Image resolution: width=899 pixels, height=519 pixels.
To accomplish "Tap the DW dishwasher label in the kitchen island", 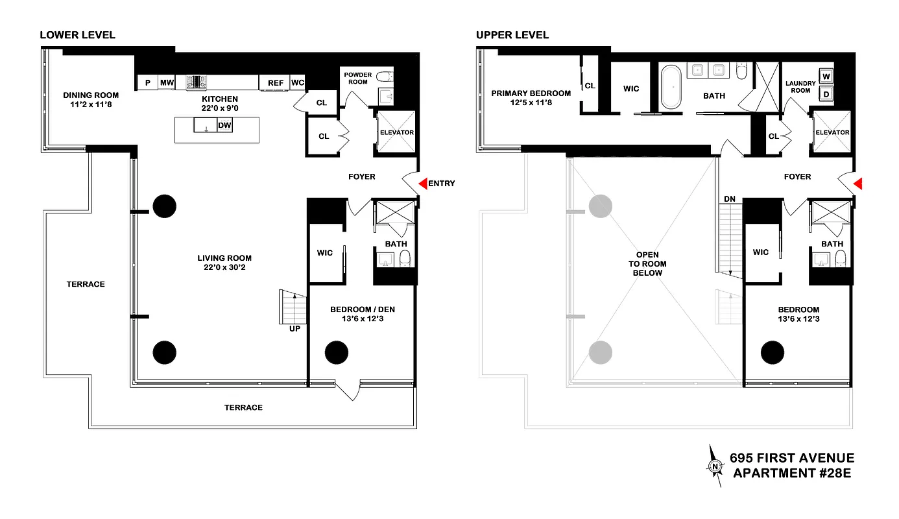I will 224,126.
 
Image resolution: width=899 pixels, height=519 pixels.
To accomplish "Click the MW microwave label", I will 167,83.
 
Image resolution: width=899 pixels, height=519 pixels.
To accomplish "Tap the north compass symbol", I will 715,466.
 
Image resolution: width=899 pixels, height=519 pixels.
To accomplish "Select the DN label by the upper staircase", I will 729,199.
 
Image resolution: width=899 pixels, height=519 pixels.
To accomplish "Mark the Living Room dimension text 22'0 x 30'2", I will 224,267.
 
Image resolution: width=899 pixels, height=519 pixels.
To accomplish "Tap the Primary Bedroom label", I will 531,93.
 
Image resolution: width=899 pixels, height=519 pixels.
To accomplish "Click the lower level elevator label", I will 396,132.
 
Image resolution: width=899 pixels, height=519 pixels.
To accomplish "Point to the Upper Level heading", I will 512,35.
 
